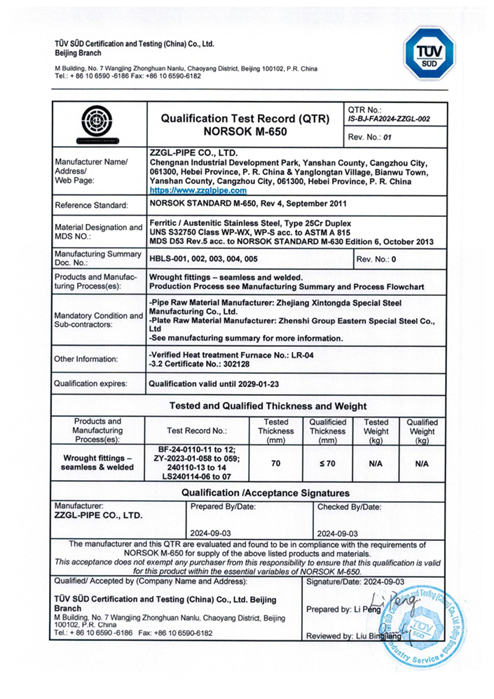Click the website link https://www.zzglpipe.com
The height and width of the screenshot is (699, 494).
point(198,190)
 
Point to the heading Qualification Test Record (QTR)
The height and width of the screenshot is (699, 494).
point(245,119)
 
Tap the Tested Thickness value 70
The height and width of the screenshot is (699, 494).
point(276,463)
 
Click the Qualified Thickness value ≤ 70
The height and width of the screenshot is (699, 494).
point(328,463)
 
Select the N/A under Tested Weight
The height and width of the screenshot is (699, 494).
point(376,463)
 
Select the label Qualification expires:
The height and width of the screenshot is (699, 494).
point(91,384)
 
